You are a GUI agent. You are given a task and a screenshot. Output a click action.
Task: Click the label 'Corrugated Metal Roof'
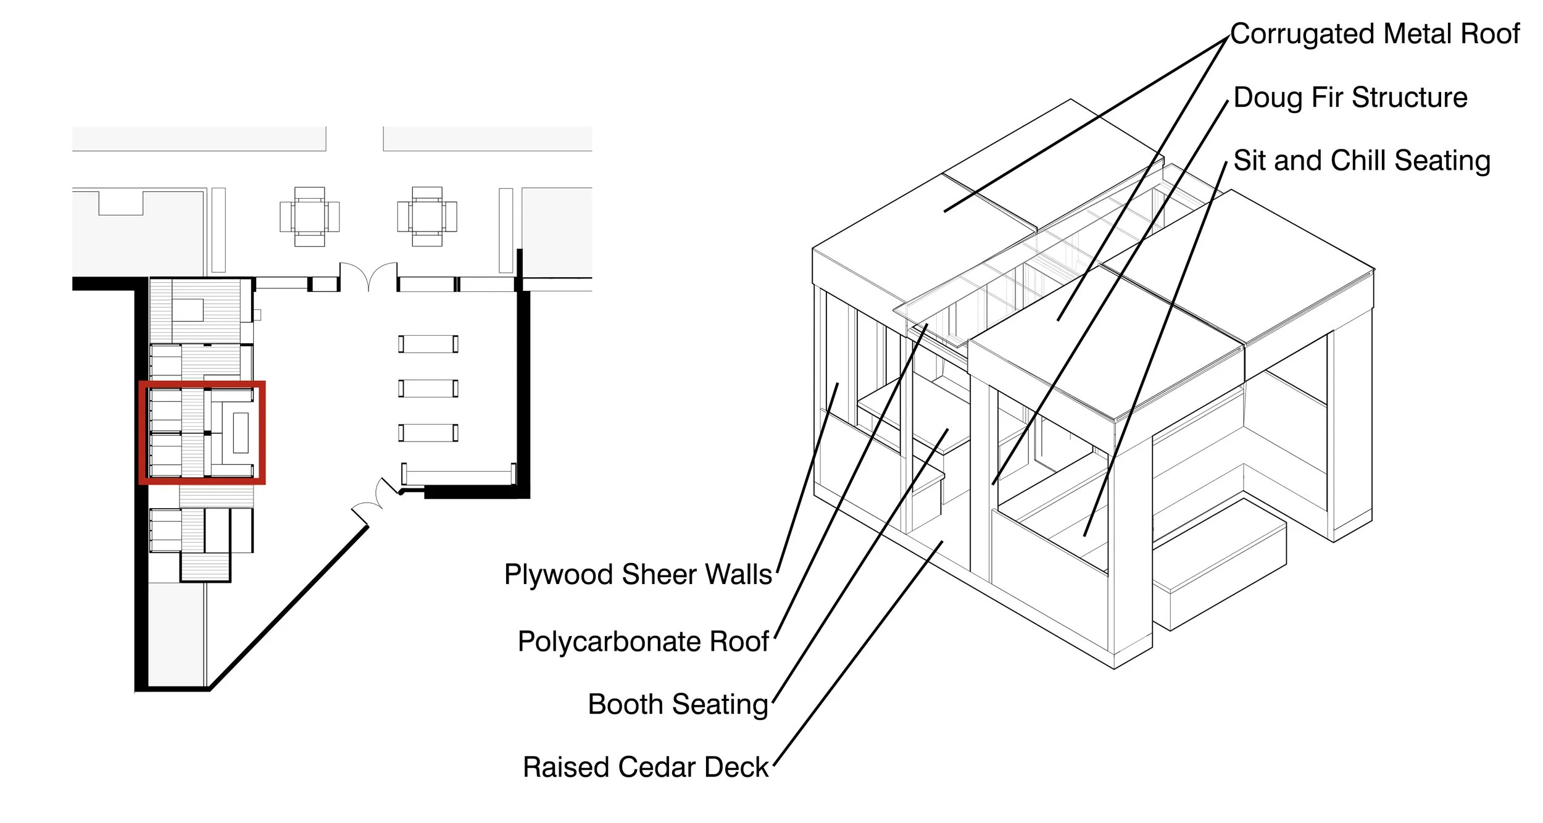[x=1375, y=34]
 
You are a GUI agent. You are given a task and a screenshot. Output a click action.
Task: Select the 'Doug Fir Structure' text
[x=1350, y=98]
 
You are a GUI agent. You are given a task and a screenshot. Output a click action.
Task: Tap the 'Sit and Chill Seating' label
[x=1362, y=161]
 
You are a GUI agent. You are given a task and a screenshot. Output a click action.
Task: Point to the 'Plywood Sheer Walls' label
[x=638, y=574]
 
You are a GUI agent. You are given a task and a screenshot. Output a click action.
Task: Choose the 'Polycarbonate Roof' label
[x=643, y=641]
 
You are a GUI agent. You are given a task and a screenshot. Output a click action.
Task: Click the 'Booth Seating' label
[x=678, y=704]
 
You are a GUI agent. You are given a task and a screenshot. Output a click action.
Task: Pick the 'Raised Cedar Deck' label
[x=646, y=767]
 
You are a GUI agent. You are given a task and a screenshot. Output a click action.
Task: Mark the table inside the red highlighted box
[x=241, y=432]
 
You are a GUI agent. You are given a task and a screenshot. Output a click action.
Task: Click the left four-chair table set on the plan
[x=309, y=217]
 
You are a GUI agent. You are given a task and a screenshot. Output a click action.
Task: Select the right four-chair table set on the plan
[x=427, y=217]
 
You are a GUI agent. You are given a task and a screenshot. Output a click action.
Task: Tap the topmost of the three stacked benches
[x=428, y=344]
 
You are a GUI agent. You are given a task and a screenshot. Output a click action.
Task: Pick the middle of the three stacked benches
[x=428, y=388]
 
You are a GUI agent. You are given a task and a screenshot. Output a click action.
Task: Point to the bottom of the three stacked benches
[x=428, y=433]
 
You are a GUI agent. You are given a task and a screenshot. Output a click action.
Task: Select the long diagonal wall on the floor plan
[x=289, y=607]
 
